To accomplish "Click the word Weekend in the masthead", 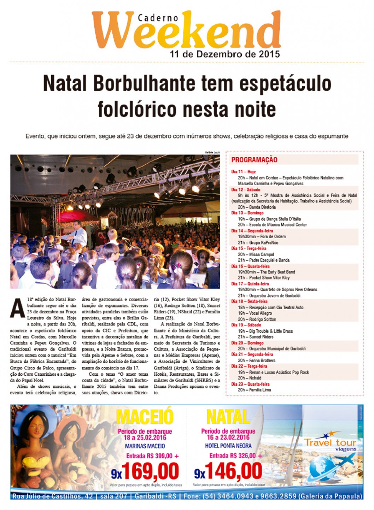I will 187,32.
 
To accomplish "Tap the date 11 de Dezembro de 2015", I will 225,54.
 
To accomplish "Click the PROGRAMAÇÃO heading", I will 254,160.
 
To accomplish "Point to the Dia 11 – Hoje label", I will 243,171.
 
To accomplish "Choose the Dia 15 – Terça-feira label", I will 249,248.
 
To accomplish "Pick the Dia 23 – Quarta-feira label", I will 250,384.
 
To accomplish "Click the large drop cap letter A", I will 17,308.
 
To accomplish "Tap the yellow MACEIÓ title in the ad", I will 145,417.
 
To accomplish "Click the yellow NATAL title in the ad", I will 228,417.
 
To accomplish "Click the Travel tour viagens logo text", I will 330,444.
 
